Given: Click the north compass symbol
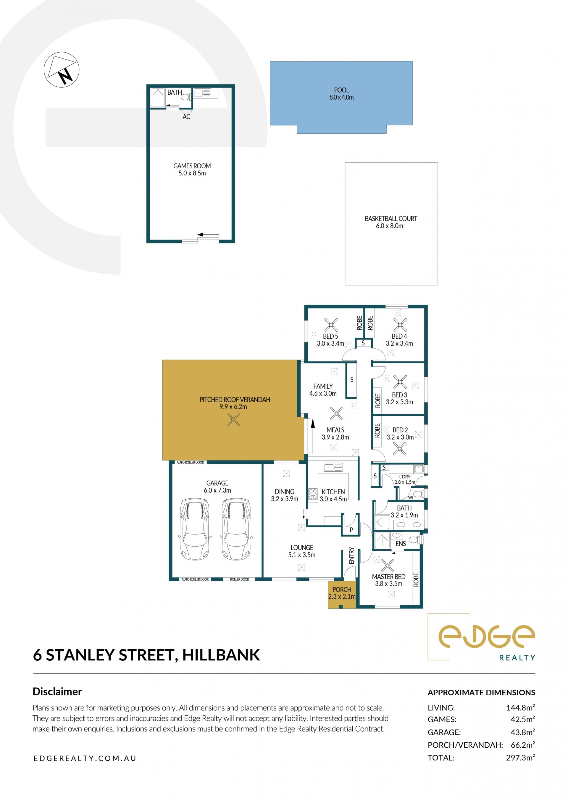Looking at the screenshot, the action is (x=62, y=70).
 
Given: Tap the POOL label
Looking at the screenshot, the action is (x=341, y=90).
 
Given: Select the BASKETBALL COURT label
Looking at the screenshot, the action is (x=391, y=219).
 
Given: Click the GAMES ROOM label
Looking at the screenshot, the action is (x=192, y=166).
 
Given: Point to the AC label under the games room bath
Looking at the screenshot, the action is (x=186, y=117).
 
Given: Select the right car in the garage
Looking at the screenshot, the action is (x=236, y=529).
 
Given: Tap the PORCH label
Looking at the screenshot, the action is (x=342, y=589).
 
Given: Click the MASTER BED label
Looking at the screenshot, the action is (x=388, y=577).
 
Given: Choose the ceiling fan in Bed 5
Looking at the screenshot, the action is (x=331, y=325).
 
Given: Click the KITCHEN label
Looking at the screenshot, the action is (x=333, y=492).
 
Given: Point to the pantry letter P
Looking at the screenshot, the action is (x=351, y=530).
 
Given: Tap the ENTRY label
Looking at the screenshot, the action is (x=351, y=555).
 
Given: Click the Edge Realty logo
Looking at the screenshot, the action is (x=482, y=637).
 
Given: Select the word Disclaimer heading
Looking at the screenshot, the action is (x=57, y=692).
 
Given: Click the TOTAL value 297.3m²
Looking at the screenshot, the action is (x=520, y=758).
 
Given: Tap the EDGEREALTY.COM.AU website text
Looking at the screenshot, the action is (x=85, y=758).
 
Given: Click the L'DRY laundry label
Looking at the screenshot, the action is (x=405, y=476).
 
